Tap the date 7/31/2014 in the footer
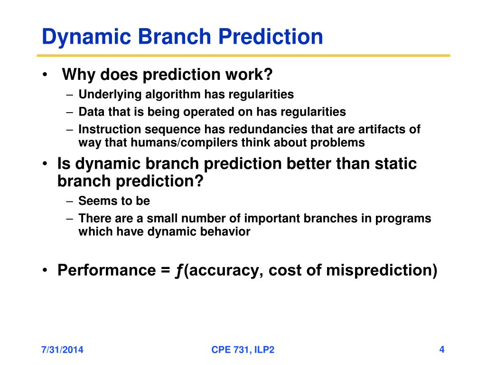[62, 350]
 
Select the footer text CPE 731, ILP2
[243, 350]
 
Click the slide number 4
[442, 350]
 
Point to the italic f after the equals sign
[179, 270]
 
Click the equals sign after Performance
[166, 270]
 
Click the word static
[395, 163]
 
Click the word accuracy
[224, 270]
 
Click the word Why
[79, 75]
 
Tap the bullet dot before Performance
[45, 270]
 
